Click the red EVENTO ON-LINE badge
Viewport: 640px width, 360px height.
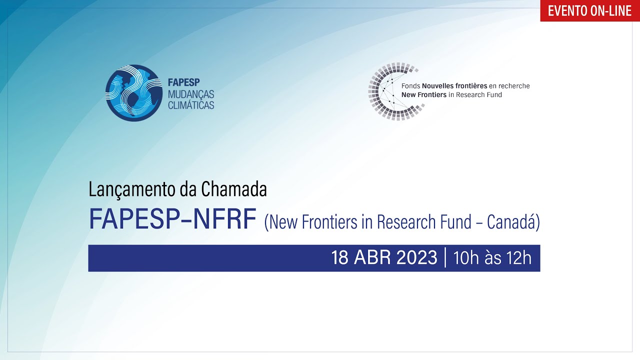coord(589,11)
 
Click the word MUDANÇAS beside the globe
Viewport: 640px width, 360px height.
coord(191,94)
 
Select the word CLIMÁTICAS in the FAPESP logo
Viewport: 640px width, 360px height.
coord(191,105)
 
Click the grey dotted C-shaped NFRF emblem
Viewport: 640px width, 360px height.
coord(392,91)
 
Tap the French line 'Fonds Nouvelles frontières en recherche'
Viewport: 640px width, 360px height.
coord(465,86)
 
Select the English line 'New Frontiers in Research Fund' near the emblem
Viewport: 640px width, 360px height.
coord(451,95)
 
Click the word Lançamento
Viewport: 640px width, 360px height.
coord(131,189)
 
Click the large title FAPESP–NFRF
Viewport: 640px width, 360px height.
coord(172,220)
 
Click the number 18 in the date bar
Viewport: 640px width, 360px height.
coord(340,258)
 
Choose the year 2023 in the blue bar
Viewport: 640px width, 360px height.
coord(416,258)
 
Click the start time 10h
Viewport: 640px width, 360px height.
coord(465,258)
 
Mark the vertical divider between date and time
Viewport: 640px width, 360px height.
coord(445,258)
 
